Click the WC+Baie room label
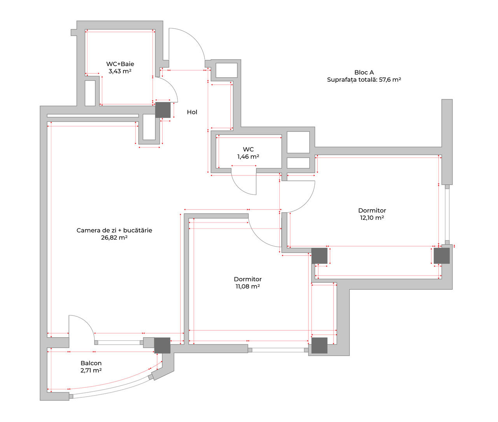120,64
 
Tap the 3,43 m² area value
120,71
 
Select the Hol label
192,112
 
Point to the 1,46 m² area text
248,157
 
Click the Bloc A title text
364,72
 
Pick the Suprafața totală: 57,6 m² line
364,80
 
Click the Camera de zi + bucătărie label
114,230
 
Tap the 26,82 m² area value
114,238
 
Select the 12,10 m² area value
372,218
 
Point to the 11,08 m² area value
248,286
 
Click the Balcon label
91,363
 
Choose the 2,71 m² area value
91,370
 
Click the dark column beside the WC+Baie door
163,110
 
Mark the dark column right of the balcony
162,345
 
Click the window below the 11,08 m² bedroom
278,350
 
